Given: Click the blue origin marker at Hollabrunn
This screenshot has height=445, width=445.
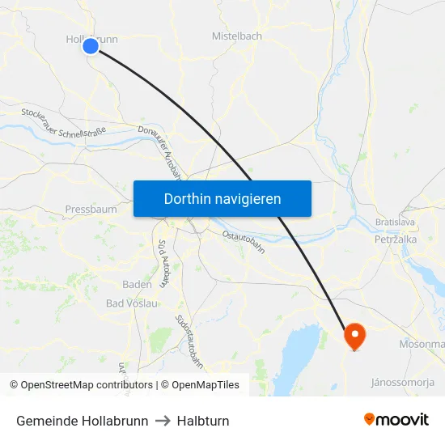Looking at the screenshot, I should pyautogui.click(x=91, y=46).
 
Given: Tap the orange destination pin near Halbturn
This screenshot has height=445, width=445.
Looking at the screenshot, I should pyautogui.click(x=354, y=335).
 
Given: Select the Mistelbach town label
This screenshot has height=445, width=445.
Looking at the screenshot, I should pyautogui.click(x=236, y=36).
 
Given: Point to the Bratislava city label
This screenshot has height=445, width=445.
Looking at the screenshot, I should pyautogui.click(x=396, y=222).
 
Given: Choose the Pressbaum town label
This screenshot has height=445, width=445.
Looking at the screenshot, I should pyautogui.click(x=91, y=209).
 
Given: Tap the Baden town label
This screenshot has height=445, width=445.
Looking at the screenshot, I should pyautogui.click(x=137, y=285).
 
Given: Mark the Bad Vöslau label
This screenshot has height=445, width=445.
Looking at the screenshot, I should pyautogui.click(x=132, y=303).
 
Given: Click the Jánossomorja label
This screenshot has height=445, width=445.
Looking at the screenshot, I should pyautogui.click(x=404, y=381).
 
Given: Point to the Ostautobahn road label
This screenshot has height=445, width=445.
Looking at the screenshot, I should pyautogui.click(x=244, y=241).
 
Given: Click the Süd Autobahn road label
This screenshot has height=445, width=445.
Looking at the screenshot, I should pyautogui.click(x=164, y=263).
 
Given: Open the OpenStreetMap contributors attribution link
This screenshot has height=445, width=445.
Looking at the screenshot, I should pyautogui.click(x=87, y=385).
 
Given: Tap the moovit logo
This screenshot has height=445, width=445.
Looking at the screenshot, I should pyautogui.click(x=396, y=420).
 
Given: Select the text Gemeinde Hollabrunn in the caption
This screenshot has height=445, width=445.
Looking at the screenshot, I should pyautogui.click(x=83, y=421).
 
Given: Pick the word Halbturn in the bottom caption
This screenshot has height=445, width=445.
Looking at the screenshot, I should pyautogui.click(x=204, y=421).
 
